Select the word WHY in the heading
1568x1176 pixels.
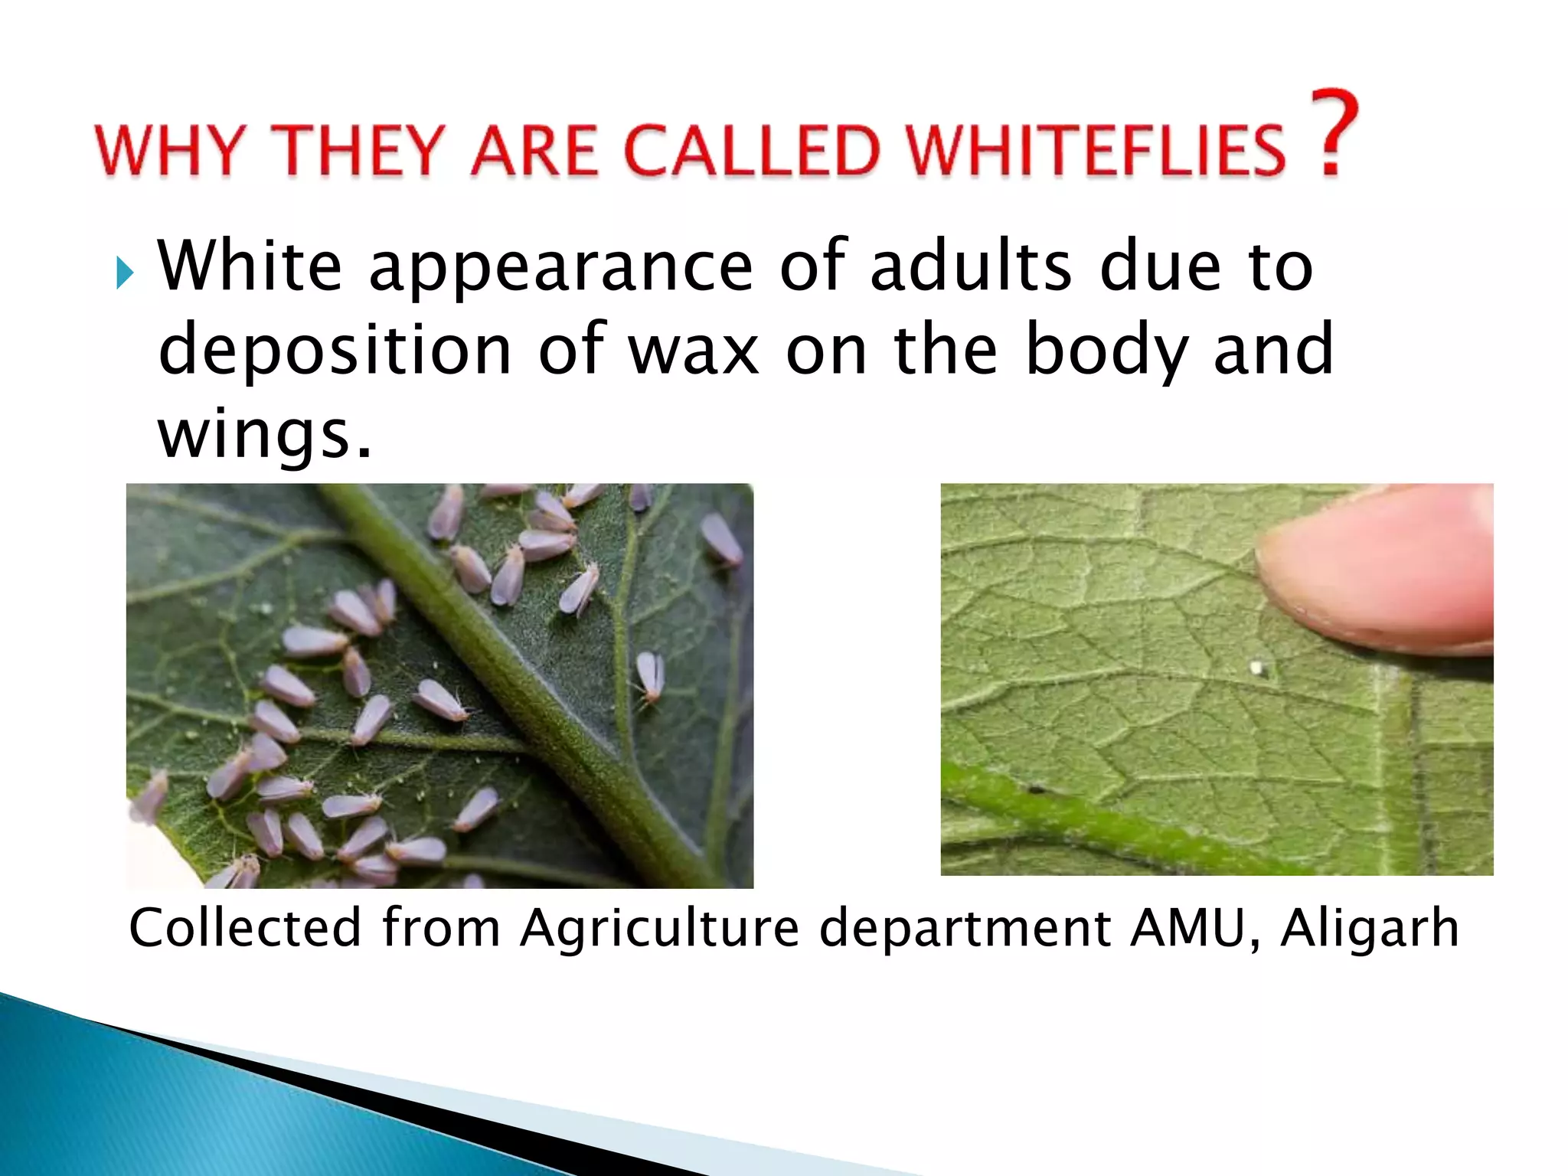click(169, 150)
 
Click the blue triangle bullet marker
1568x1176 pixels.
click(125, 273)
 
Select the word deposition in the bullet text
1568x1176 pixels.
click(335, 351)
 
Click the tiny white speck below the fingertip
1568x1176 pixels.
click(1256, 669)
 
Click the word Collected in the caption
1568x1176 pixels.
click(244, 928)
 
